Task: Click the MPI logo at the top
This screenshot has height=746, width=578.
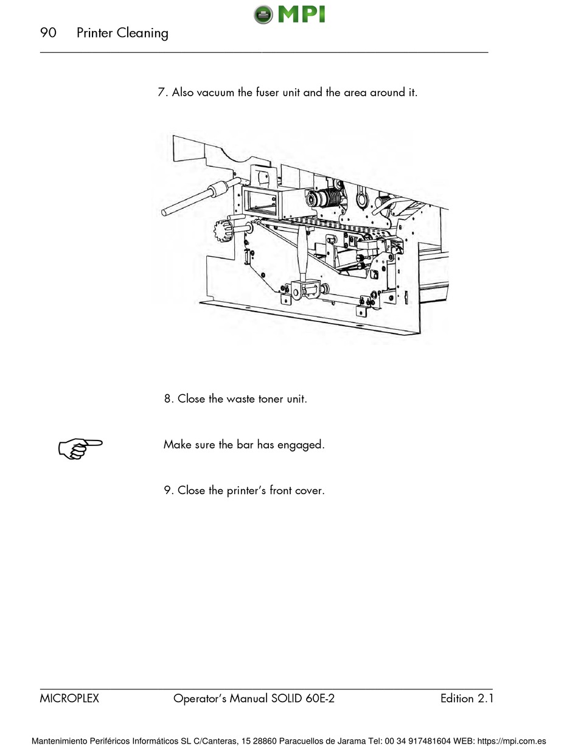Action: point(290,13)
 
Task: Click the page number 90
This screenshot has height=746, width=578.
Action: point(48,33)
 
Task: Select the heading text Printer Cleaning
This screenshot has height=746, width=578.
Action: point(122,33)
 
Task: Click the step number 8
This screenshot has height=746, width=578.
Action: point(168,399)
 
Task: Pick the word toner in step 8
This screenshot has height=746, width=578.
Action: point(266,399)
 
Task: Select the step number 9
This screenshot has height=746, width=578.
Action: point(168,490)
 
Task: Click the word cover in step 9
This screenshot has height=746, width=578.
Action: point(310,490)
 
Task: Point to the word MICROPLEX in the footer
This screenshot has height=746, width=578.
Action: point(69,699)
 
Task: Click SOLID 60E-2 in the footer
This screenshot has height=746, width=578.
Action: point(304,699)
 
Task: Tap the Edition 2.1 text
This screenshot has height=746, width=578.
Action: point(467,699)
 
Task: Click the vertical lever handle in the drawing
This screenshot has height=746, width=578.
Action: point(302,256)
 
